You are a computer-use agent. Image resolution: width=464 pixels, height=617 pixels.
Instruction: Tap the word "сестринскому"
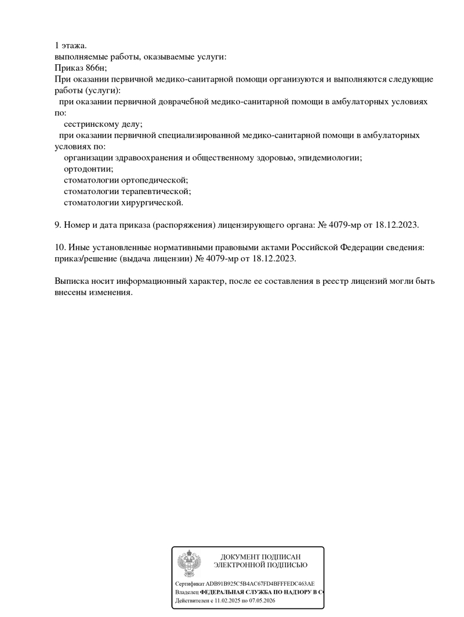click(91, 124)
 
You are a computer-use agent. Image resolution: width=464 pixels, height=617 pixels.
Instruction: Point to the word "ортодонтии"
click(88, 169)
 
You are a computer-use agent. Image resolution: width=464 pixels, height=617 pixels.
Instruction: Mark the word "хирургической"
click(152, 203)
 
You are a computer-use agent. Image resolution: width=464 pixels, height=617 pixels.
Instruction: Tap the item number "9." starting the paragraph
click(58, 225)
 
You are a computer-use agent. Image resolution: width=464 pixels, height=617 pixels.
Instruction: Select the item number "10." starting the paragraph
click(60, 247)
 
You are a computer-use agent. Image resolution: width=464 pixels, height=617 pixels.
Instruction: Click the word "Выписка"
click(72, 282)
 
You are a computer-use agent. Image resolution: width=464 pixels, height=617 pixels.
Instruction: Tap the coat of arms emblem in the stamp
click(188, 563)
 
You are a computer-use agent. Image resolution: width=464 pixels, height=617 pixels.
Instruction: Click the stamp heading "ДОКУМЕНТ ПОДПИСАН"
click(260, 557)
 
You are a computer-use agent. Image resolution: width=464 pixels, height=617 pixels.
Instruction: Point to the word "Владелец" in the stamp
click(186, 593)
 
